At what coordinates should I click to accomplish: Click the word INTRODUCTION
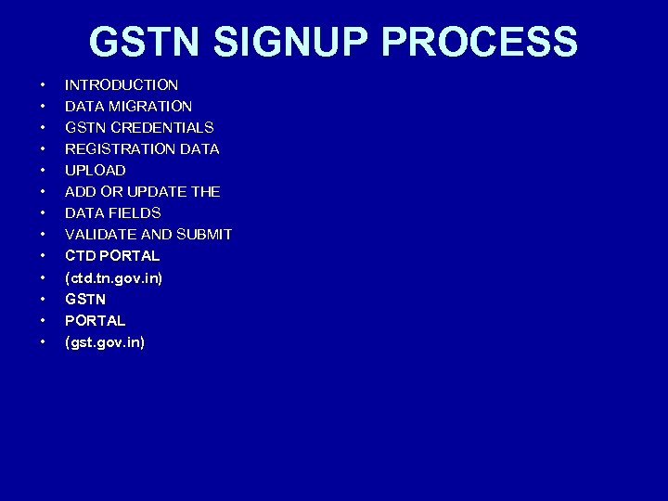(122, 84)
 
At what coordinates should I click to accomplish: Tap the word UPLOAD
(95, 170)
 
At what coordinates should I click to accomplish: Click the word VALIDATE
(100, 234)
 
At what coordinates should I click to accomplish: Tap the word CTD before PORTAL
(80, 255)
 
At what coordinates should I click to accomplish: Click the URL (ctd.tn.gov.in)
(113, 277)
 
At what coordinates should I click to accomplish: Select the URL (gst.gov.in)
(105, 342)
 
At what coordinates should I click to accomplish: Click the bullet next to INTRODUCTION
(42, 85)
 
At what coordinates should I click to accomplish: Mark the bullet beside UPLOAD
(42, 171)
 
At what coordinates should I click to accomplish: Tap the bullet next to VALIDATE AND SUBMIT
(42, 235)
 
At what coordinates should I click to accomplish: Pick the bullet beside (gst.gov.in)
(42, 343)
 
